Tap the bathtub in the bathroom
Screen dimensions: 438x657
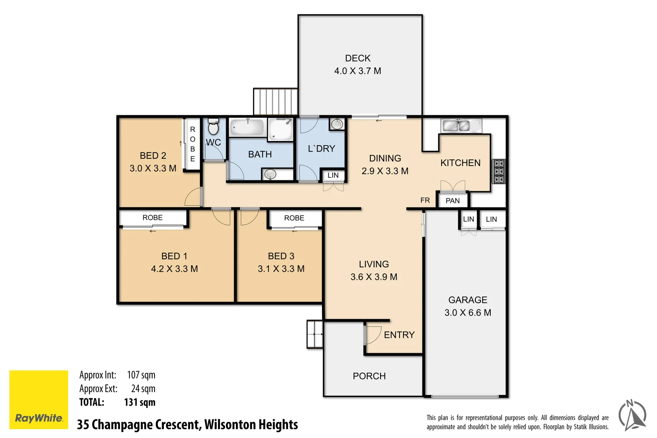click(247, 127)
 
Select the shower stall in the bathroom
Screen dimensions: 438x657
click(280, 129)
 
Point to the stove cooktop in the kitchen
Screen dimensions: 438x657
click(499, 172)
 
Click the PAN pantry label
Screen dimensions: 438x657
click(453, 201)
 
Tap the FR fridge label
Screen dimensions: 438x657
click(425, 200)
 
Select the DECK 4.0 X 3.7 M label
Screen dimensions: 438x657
click(358, 65)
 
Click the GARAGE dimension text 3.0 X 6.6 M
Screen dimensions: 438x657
click(468, 313)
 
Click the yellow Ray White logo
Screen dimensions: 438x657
click(39, 399)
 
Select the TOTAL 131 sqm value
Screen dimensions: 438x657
click(140, 402)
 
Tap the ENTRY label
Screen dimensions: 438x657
click(399, 335)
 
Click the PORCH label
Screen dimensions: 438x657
click(369, 376)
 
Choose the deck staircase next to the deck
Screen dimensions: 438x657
click(275, 102)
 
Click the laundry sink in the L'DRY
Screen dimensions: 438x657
click(337, 124)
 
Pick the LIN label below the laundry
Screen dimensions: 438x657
click(333, 175)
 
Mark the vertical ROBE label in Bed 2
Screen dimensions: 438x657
click(193, 144)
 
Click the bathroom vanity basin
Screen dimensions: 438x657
click(270, 174)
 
